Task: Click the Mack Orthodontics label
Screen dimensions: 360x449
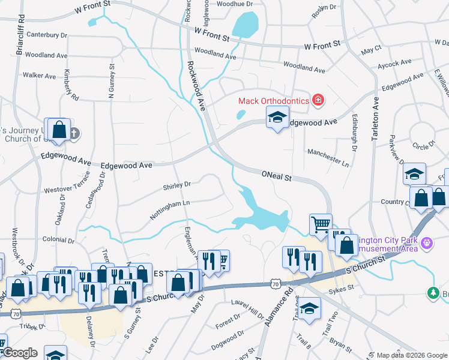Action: [x=273, y=101]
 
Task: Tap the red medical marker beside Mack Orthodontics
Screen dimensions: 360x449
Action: [x=318, y=100]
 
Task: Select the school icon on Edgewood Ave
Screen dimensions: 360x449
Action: [x=277, y=119]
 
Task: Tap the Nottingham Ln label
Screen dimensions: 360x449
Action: [x=170, y=210]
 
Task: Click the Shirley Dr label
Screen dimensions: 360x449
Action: [x=176, y=185]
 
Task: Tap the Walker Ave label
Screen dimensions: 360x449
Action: [x=39, y=76]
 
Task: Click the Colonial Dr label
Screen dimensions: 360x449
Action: [x=58, y=241]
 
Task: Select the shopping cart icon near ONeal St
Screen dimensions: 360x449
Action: [x=321, y=224]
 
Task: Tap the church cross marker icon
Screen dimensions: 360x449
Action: [x=74, y=133]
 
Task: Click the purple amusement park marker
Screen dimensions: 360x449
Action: [x=427, y=244]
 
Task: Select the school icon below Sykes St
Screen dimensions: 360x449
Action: [x=309, y=308]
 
